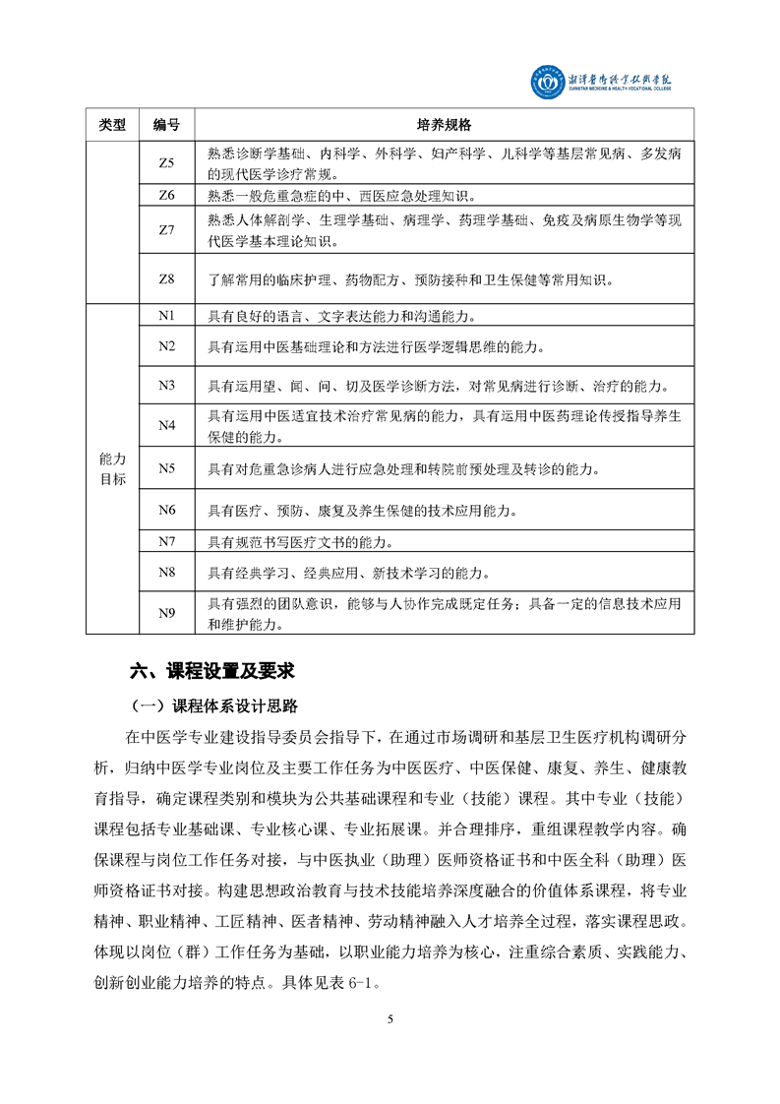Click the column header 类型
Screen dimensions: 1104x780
[113, 125]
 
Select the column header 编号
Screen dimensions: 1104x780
[166, 125]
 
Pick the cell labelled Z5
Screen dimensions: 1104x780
[166, 162]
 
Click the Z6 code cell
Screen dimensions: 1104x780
[166, 195]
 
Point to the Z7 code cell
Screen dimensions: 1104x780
[166, 229]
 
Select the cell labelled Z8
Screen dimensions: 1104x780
[166, 279]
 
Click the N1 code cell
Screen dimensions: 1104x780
[166, 316]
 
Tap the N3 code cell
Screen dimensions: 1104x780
[166, 385]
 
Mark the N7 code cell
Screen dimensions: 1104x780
[166, 542]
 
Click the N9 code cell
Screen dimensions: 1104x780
[166, 614]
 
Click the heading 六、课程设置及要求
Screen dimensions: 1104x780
[212, 672]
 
